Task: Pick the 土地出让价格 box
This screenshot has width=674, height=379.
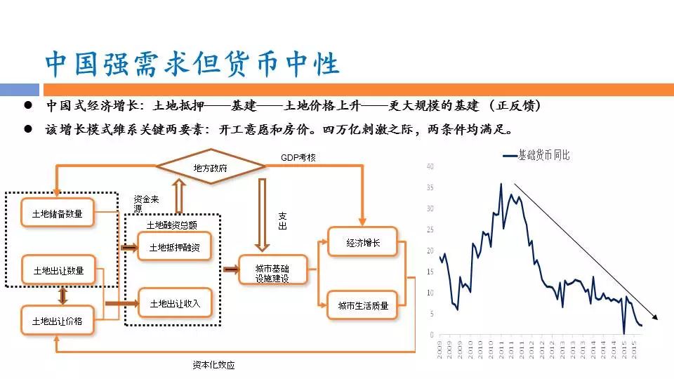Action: [x=58, y=321]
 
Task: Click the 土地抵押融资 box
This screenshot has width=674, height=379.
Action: [x=174, y=247]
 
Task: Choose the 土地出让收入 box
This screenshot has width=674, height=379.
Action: [x=174, y=303]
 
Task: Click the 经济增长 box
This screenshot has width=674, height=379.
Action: [x=362, y=242]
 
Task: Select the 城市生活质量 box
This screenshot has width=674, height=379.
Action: [x=362, y=305]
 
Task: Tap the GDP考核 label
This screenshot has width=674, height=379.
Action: [x=298, y=157]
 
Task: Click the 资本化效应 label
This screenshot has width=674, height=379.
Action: [x=213, y=365]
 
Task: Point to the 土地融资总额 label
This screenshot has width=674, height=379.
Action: [x=171, y=225]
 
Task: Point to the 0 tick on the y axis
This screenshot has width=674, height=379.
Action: [x=432, y=335]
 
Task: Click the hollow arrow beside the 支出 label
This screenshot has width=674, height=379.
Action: [x=262, y=215]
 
